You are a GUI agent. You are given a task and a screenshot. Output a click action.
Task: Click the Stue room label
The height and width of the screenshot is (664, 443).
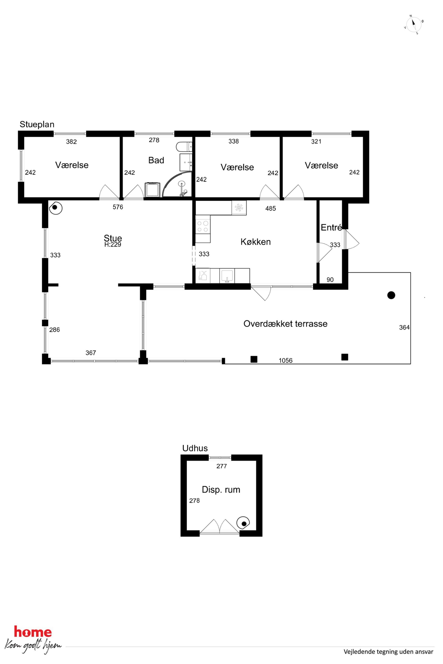(x=113, y=238)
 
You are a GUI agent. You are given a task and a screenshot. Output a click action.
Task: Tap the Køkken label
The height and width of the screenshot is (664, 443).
(x=256, y=242)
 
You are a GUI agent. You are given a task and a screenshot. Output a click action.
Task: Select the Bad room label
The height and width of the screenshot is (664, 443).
(x=156, y=160)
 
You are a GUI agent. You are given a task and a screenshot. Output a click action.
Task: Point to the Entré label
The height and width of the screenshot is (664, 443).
(x=331, y=227)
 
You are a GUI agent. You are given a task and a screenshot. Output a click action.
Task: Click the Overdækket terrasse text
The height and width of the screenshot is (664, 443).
(x=285, y=324)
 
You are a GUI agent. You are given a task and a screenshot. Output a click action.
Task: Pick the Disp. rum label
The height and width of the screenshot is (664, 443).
(x=221, y=490)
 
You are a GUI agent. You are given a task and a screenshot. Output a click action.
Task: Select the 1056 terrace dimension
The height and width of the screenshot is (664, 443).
(x=286, y=361)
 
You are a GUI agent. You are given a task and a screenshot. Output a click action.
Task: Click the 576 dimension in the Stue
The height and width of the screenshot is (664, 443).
(x=118, y=207)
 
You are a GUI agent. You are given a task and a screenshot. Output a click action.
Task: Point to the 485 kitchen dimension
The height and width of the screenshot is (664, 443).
(x=271, y=208)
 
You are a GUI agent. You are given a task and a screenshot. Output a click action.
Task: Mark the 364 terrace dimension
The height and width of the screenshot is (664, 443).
(x=404, y=328)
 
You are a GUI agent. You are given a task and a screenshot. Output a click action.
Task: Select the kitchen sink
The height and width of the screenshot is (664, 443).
(x=227, y=276)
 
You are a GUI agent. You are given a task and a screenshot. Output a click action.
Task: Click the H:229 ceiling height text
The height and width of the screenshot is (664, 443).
(x=113, y=245)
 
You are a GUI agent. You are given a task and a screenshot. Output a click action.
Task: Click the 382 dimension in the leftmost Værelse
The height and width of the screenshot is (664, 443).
(x=71, y=142)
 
